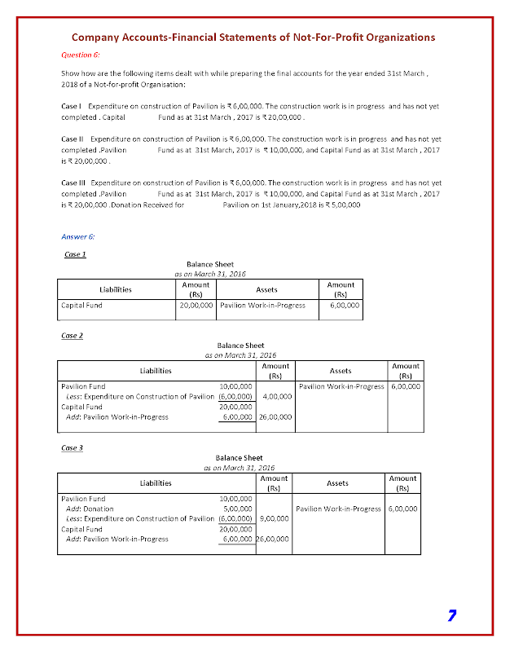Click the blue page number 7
pos(451,615)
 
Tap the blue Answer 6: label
pos(78,236)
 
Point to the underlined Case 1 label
pos(75,254)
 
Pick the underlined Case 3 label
pos(73,447)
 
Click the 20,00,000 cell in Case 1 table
pos(196,306)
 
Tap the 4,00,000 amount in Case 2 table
pos(279,396)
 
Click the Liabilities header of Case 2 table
pos(156,371)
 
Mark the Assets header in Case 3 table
pos(337,483)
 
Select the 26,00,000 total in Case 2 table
pos(275,416)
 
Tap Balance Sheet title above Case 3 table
pos(240,458)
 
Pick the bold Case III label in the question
pos(73,183)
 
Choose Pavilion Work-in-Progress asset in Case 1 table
pos(262,306)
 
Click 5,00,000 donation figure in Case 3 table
pos(236,509)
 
